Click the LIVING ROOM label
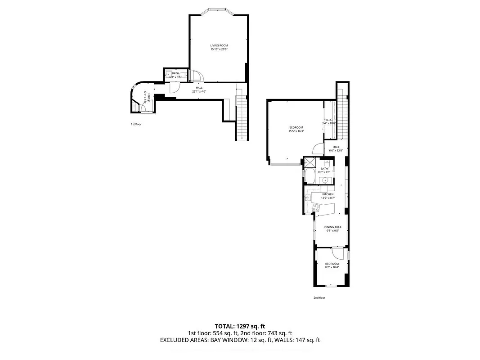(x=219, y=45)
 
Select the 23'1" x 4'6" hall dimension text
(x=199, y=91)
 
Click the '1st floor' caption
(x=136, y=124)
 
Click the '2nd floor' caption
(x=319, y=297)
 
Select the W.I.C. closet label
(x=328, y=120)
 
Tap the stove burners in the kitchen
(x=316, y=207)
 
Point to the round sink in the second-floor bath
(x=324, y=181)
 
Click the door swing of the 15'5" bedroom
(x=319, y=149)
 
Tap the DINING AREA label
(x=332, y=227)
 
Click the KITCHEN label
(x=327, y=194)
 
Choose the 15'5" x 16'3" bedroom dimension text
(x=296, y=131)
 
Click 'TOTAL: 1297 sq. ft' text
(x=240, y=326)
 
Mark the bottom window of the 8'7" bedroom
(x=332, y=286)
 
